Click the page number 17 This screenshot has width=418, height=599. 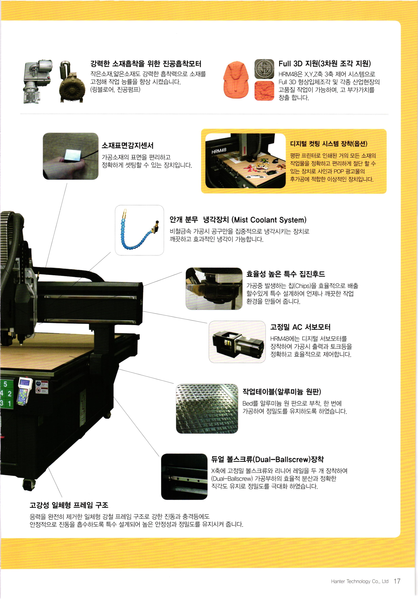pyautogui.click(x=397, y=581)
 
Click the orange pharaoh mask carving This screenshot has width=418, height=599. pyautogui.click(x=236, y=79)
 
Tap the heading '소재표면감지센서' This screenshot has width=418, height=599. pyautogui.click(x=128, y=145)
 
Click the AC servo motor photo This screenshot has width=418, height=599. pyautogui.click(x=237, y=342)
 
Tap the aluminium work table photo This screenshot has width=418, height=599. pyautogui.click(x=207, y=408)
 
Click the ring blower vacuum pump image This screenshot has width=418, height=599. pyautogui.click(x=71, y=82)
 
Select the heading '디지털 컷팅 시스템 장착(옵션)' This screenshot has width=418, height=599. pyautogui.click(x=329, y=144)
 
